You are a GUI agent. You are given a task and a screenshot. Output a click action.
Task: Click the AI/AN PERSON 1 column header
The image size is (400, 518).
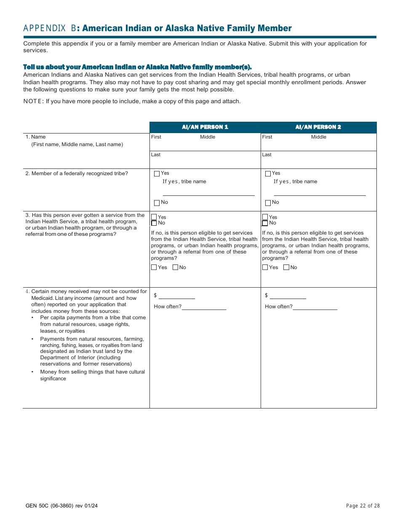click(x=205, y=127)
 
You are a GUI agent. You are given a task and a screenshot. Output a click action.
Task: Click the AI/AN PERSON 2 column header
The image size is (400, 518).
click(x=318, y=127)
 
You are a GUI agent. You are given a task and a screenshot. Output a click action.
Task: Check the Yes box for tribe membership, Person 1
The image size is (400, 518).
click(x=157, y=174)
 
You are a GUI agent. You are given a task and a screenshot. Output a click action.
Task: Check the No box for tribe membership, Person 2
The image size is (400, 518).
click(x=268, y=203)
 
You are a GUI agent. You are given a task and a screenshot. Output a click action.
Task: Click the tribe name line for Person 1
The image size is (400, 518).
click(x=208, y=192)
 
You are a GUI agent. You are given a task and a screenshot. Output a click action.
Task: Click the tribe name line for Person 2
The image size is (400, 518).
click(x=320, y=192)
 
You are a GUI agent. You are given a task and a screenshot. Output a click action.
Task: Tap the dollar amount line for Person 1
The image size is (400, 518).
click(x=176, y=296)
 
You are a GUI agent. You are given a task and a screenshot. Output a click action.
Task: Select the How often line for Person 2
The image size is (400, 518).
click(x=315, y=307)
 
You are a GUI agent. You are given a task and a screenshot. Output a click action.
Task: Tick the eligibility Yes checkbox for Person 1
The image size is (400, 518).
click(x=154, y=267)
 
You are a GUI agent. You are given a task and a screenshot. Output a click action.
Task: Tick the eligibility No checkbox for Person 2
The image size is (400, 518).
click(x=286, y=267)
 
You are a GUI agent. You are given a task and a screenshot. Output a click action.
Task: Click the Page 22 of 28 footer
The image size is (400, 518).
click(x=363, y=506)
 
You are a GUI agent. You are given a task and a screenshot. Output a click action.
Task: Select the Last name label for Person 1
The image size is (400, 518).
click(x=156, y=155)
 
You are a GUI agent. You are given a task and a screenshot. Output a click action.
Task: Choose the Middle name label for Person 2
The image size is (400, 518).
click(x=319, y=137)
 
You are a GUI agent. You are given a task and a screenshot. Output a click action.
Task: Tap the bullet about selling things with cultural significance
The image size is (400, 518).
click(x=92, y=375)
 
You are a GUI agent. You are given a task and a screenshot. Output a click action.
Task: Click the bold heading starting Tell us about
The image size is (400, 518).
click(x=137, y=67)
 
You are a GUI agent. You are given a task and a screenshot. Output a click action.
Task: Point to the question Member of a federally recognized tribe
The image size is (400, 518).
click(x=77, y=174)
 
